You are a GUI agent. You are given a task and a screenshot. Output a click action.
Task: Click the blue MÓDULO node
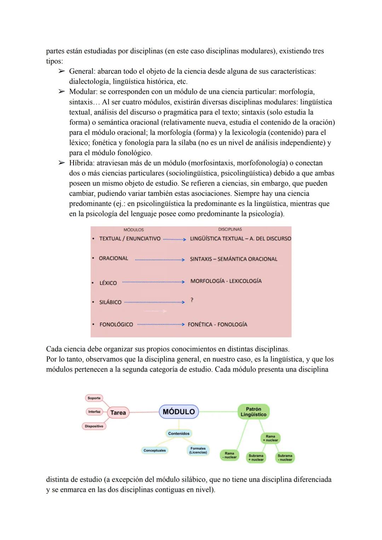pyautogui.click(x=179, y=412)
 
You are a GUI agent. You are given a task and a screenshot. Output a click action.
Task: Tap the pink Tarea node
pyautogui.click(x=118, y=413)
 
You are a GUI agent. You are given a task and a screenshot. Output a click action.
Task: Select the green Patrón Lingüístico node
pyautogui.click(x=253, y=412)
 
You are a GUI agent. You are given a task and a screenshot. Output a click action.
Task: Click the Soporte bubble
pyautogui.click(x=94, y=398)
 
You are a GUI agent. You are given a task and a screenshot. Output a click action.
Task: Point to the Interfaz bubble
pyautogui.click(x=94, y=412)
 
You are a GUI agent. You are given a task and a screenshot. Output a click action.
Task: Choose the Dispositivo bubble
pyautogui.click(x=94, y=426)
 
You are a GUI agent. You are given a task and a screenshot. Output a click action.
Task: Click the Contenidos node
pyautogui.click(x=179, y=433)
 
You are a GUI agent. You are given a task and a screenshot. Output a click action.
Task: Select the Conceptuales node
pyautogui.click(x=155, y=450)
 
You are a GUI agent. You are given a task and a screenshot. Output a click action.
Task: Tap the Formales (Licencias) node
pyautogui.click(x=198, y=450)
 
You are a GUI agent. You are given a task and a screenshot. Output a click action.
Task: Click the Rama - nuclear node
pyautogui.click(x=229, y=455)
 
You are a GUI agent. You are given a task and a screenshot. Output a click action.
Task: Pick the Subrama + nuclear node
pyautogui.click(x=256, y=458)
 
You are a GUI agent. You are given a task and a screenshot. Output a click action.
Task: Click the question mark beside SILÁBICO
pyautogui.click(x=192, y=300)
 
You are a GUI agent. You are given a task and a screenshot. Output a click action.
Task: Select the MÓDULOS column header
pyautogui.click(x=133, y=230)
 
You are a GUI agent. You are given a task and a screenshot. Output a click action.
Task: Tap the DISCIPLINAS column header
pyautogui.click(x=230, y=229)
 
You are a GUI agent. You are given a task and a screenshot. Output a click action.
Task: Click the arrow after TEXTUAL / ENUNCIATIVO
pyautogui.click(x=174, y=239)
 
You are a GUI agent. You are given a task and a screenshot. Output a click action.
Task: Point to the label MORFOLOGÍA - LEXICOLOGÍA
pyautogui.click(x=226, y=281)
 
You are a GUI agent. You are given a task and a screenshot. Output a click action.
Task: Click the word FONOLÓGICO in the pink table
pyautogui.click(x=116, y=325)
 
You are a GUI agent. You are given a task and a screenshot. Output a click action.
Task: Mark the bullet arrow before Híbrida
pyautogui.click(x=62, y=163)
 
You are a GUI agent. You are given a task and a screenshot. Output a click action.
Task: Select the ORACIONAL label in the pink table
pyautogui.click(x=113, y=258)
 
